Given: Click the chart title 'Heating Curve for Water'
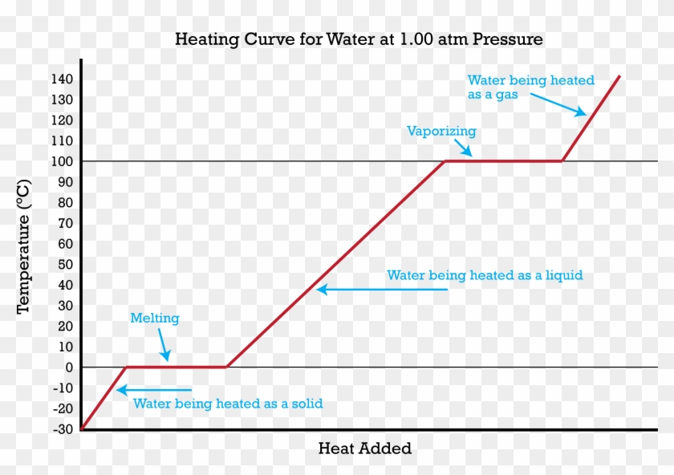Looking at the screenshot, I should [359, 39].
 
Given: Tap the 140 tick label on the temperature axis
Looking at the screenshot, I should [63, 79].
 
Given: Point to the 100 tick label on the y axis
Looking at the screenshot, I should [63, 161].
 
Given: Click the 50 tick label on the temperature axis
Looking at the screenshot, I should [66, 264].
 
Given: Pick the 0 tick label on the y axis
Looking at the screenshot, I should [69, 367].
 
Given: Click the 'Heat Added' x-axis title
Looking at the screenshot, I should [364, 449].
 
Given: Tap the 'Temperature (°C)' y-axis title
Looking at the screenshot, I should [23, 246].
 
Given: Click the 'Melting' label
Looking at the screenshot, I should [155, 319].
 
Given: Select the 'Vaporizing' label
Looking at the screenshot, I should [441, 131].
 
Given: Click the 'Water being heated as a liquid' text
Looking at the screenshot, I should [485, 275].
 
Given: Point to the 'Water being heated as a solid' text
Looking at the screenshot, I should [228, 404].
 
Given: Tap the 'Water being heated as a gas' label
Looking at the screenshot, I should [531, 87].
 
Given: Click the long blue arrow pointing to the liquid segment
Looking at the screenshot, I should [382, 290].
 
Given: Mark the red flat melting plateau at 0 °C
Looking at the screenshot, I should [177, 367].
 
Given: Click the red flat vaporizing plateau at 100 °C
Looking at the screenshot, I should [503, 161].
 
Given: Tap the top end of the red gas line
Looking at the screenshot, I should [619, 77].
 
